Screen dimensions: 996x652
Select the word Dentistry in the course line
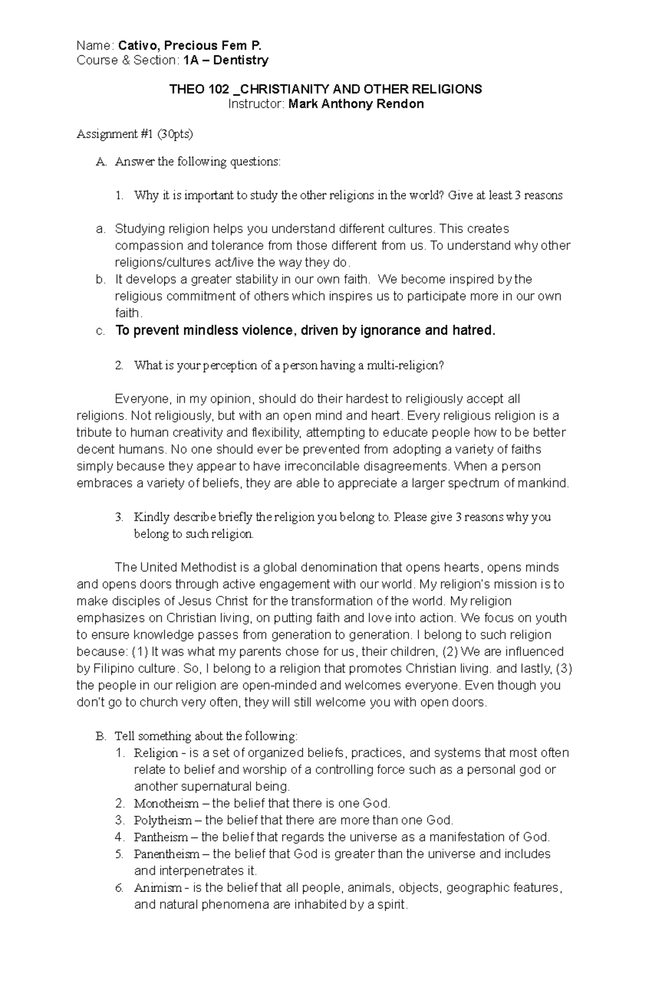[x=241, y=60]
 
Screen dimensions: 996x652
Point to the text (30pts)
[x=175, y=134]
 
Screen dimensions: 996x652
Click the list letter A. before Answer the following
[x=102, y=162]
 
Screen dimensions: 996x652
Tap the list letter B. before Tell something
[x=101, y=737]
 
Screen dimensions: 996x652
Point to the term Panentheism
[x=167, y=854]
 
